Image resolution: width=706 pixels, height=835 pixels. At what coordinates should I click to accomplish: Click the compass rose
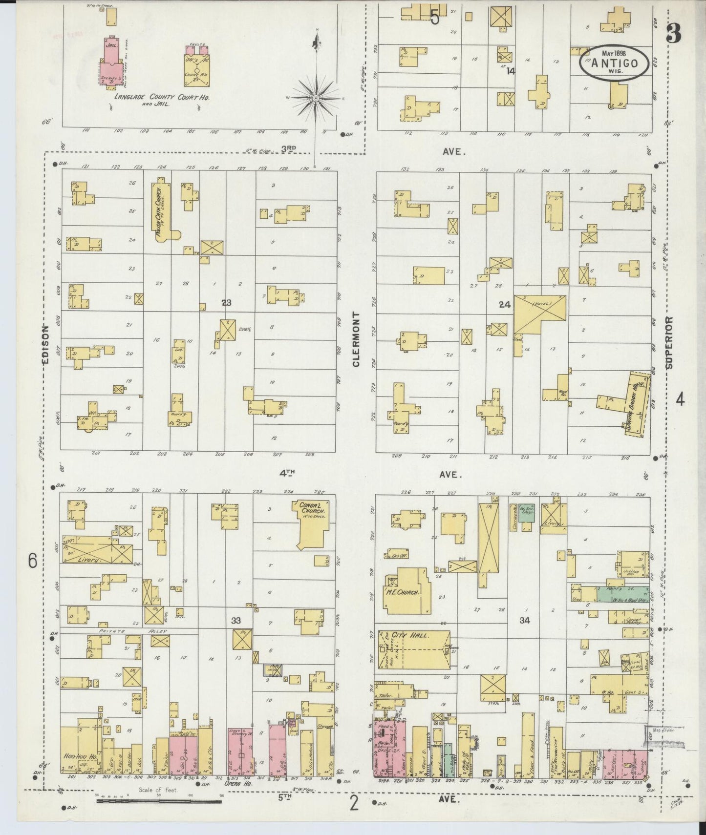click(317, 98)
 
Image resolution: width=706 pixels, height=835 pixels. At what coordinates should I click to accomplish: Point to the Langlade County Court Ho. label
click(162, 97)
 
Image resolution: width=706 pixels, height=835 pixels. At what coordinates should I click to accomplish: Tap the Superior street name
click(669, 342)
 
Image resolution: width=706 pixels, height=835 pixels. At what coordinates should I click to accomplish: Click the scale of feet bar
click(159, 801)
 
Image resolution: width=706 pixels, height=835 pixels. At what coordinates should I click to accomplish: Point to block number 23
click(226, 303)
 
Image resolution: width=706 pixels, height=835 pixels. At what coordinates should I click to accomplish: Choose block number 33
click(236, 621)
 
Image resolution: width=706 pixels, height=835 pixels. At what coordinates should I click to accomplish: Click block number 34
click(525, 621)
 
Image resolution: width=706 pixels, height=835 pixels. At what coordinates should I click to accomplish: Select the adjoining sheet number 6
click(32, 561)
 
